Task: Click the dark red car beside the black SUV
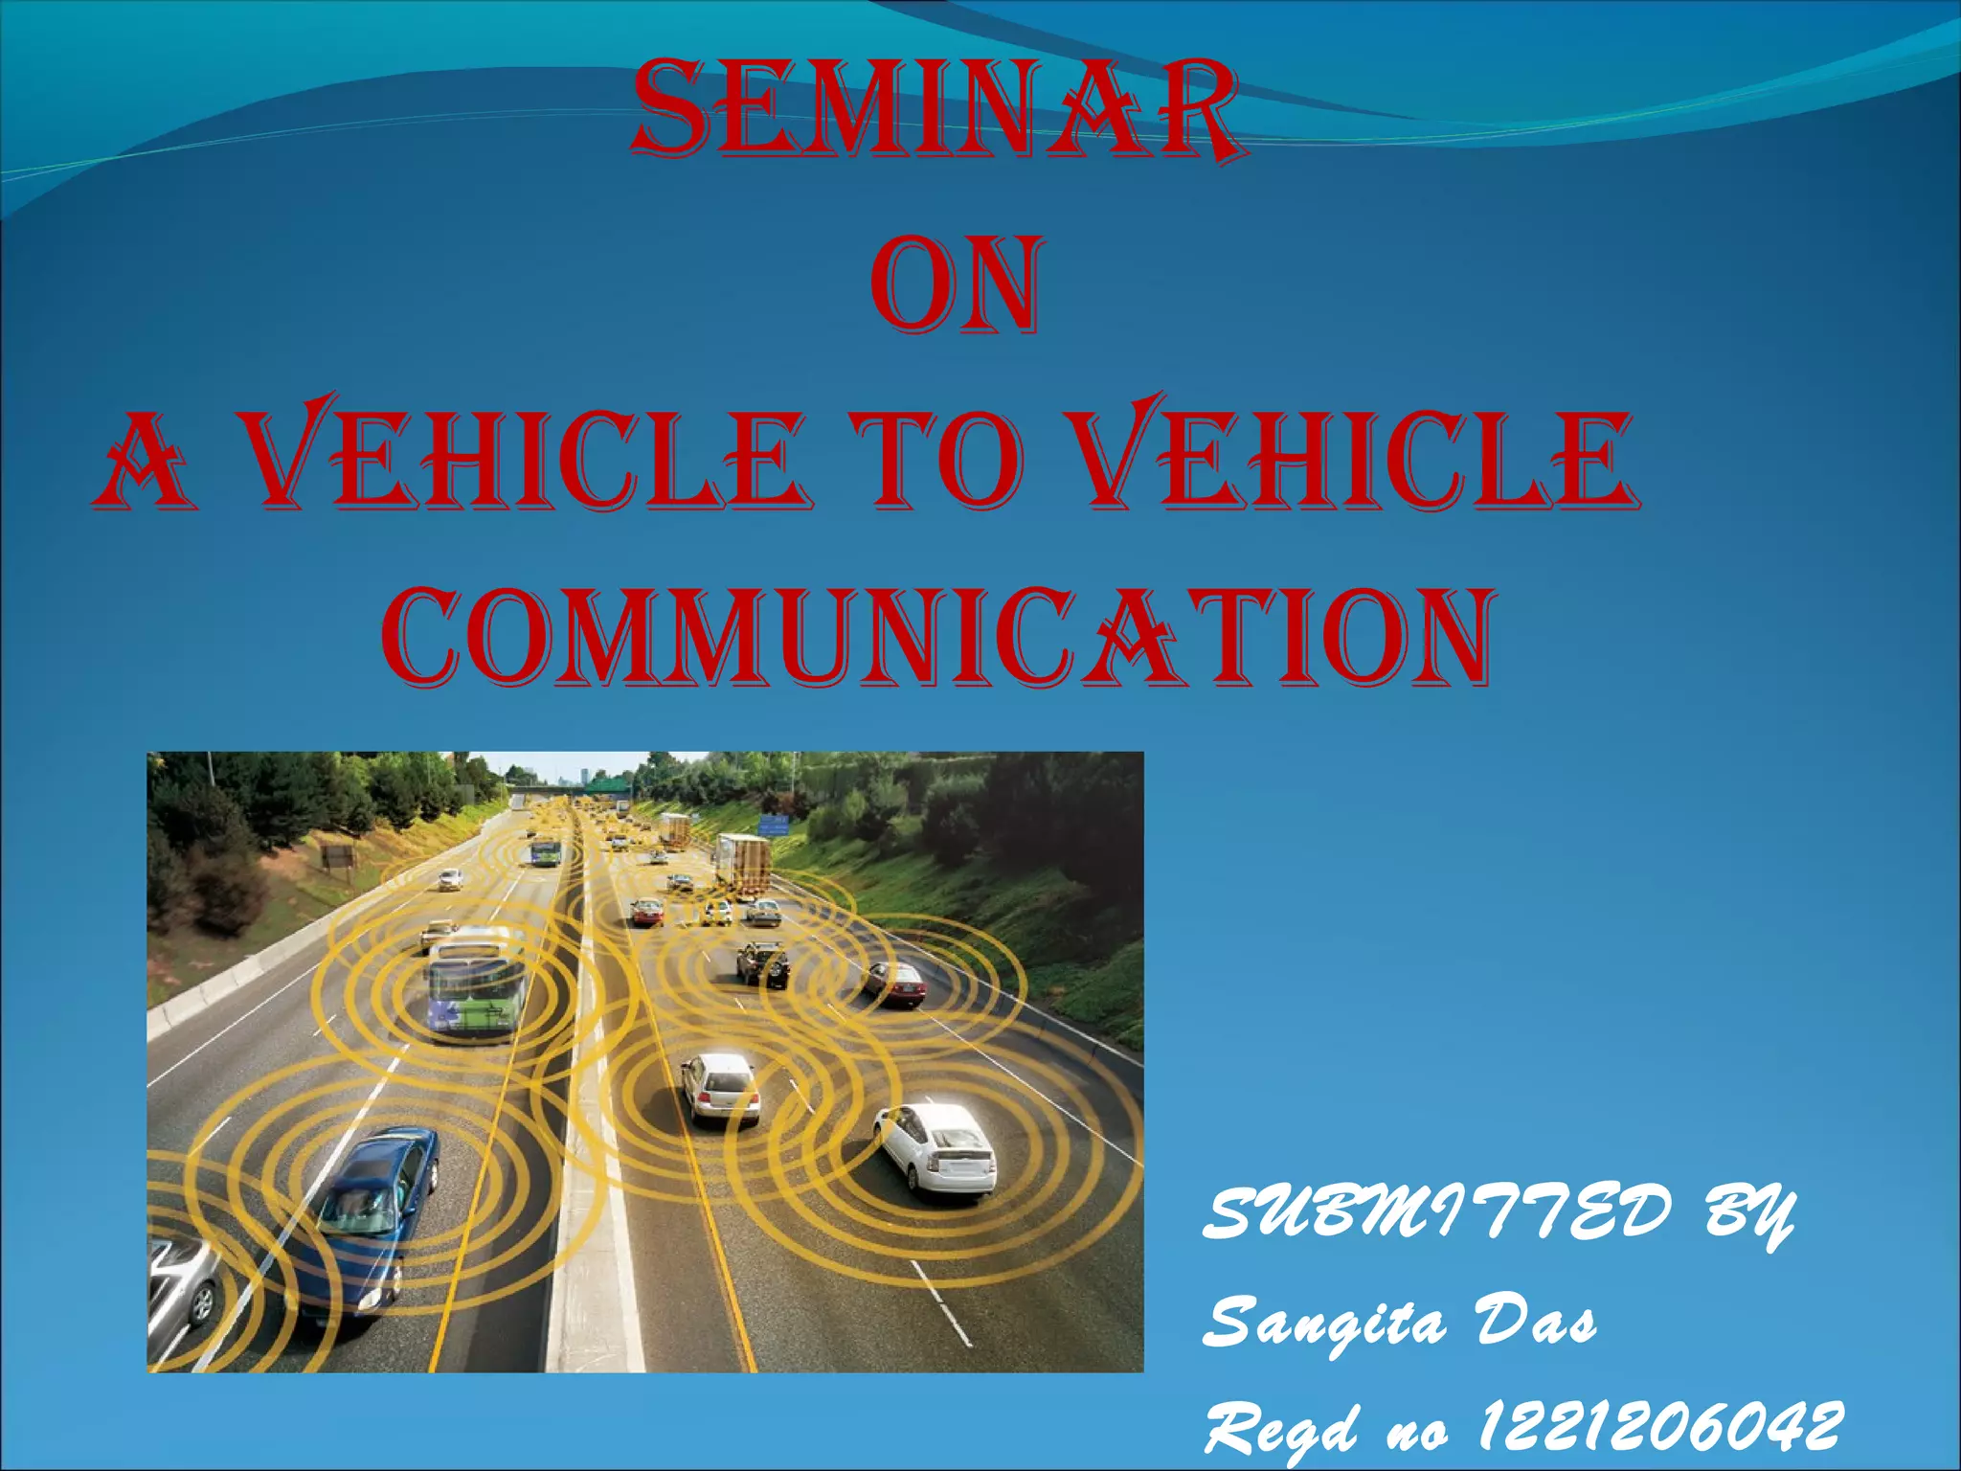895,984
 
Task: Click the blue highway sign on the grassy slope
773,824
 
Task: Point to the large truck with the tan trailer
744,864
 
